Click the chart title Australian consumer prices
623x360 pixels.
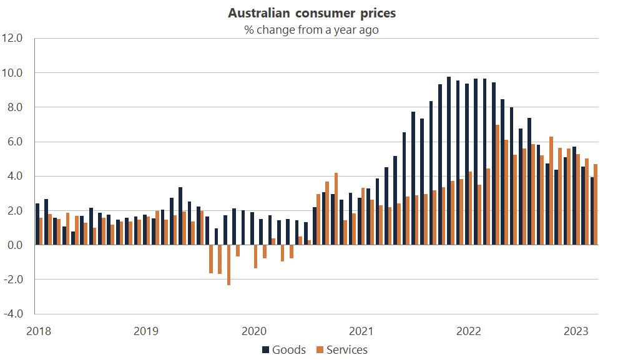coord(311,13)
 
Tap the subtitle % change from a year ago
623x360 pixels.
coord(311,29)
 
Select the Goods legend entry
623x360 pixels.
coord(284,349)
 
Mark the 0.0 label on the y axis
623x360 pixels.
coord(14,245)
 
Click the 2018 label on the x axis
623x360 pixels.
coord(38,330)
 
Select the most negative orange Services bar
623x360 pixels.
coord(228,265)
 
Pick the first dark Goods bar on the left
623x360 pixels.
coord(37,224)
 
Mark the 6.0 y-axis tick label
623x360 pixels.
coord(14,142)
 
